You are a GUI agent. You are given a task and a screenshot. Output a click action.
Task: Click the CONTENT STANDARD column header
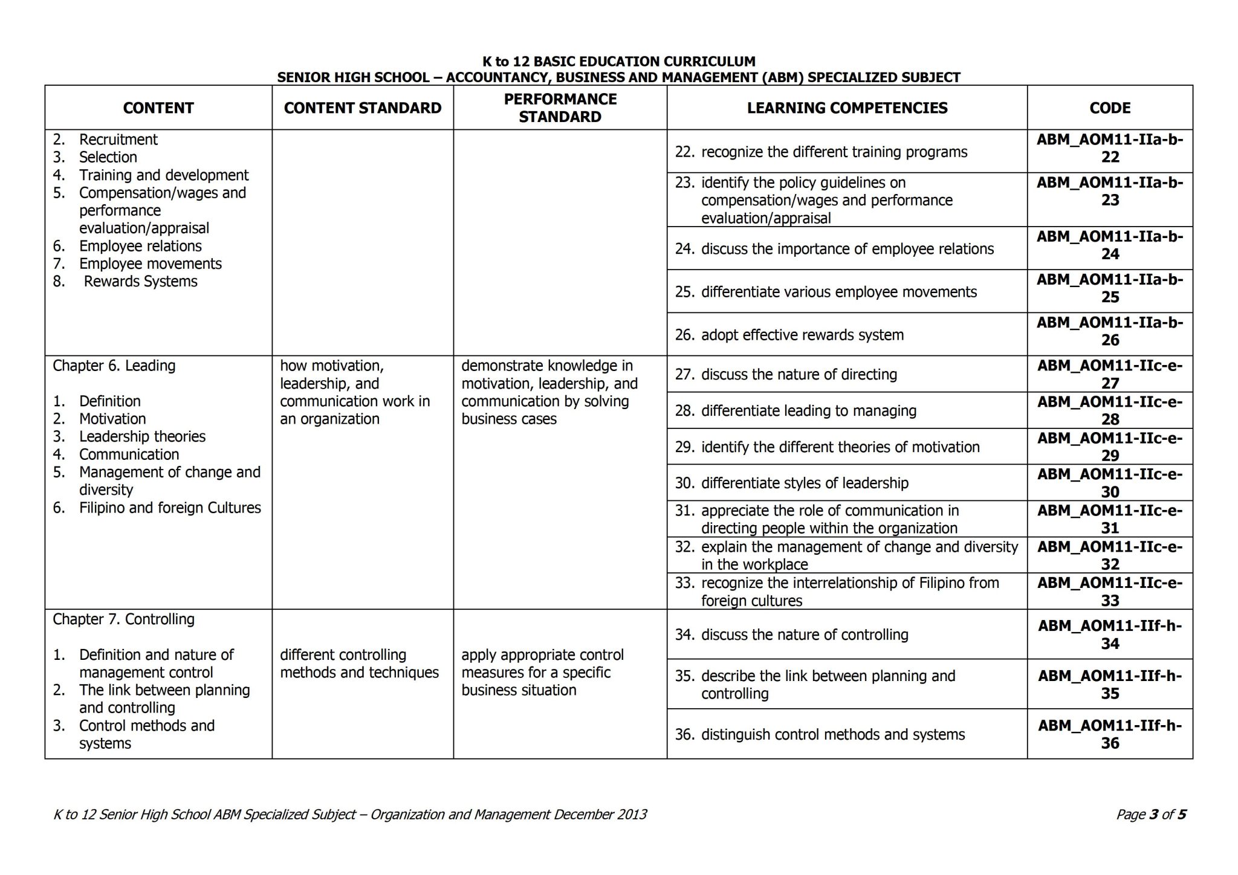(x=363, y=108)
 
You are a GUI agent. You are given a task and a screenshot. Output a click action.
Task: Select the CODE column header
(x=1110, y=108)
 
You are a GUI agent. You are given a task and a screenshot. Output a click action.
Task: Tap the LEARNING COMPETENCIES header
(x=847, y=108)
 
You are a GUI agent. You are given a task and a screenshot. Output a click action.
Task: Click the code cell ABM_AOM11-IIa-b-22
(x=1110, y=149)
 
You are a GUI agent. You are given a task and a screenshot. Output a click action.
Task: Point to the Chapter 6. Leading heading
(x=114, y=366)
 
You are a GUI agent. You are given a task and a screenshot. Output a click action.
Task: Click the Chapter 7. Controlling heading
(x=123, y=619)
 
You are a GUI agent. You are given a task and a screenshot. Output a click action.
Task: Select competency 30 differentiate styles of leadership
(x=804, y=483)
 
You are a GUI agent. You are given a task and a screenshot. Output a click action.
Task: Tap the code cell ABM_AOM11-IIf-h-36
(x=1110, y=734)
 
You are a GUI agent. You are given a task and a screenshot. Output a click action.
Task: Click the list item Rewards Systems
(x=140, y=282)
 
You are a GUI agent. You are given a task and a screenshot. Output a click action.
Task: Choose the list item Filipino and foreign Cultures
(x=170, y=508)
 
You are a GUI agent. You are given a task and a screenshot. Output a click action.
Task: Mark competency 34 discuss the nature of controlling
(x=804, y=634)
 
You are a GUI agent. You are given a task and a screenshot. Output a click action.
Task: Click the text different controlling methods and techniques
(x=359, y=664)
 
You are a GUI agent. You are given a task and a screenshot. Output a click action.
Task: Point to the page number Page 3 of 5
(x=1150, y=815)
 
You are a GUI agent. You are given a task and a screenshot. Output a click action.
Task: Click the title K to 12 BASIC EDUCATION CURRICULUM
(x=618, y=62)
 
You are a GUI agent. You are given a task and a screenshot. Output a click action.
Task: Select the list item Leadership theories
(x=142, y=437)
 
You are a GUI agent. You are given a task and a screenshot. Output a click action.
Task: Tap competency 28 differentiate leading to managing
(x=808, y=411)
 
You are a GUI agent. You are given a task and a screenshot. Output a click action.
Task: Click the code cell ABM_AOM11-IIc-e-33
(x=1110, y=592)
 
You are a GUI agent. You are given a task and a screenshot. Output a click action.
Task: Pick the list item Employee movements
(x=150, y=264)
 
